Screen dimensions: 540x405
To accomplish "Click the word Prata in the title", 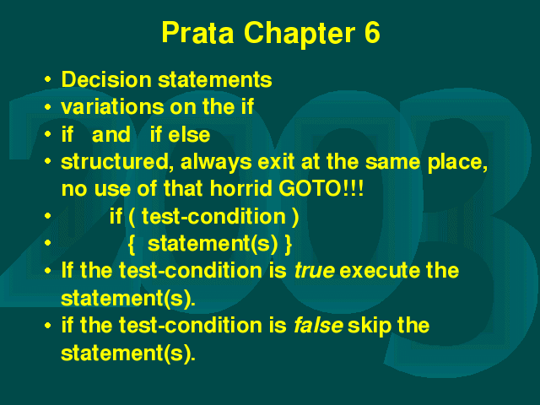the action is point(197,32).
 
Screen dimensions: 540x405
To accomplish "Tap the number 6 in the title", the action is point(371,32).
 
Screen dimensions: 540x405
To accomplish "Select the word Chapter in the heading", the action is point(300,34).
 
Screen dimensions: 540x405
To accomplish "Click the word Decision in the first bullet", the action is point(106,79).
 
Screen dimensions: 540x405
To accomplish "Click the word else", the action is point(189,134).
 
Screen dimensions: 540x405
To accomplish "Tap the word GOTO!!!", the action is point(321,188).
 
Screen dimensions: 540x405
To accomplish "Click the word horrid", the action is point(240,188).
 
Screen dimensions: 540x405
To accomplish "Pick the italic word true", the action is point(315,270).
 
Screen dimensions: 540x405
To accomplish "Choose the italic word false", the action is point(319,325).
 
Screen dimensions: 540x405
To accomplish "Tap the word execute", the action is point(380,270).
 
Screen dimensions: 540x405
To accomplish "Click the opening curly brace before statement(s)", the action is point(132,245).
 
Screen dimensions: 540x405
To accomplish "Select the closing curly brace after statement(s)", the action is point(289,245).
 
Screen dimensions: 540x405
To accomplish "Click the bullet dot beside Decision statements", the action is point(48,80).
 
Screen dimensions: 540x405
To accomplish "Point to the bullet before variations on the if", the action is point(48,107).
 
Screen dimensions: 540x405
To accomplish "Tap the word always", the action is point(216,162).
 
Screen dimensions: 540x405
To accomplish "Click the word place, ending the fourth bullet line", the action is point(457,163).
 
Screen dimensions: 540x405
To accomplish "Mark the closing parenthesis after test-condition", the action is point(295,218).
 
